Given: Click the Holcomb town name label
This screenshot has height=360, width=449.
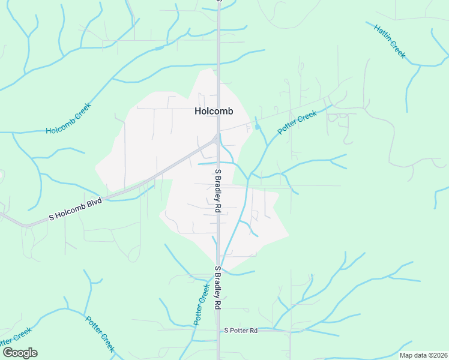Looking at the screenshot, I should [214, 111].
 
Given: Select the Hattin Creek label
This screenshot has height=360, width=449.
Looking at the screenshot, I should [390, 41].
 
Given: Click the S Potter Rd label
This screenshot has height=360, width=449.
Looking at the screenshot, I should [241, 331].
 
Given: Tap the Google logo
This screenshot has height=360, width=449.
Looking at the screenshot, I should [20, 353].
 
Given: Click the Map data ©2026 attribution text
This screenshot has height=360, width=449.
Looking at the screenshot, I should [423, 355].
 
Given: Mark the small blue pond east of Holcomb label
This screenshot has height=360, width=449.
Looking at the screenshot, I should [258, 127].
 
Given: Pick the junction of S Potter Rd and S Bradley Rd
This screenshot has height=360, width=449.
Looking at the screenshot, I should [218, 329].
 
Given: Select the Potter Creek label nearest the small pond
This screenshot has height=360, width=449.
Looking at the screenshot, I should [297, 122].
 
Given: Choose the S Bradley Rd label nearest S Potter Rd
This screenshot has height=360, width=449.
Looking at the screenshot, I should [218, 288].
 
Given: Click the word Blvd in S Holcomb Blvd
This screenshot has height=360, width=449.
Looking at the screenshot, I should [93, 202].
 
